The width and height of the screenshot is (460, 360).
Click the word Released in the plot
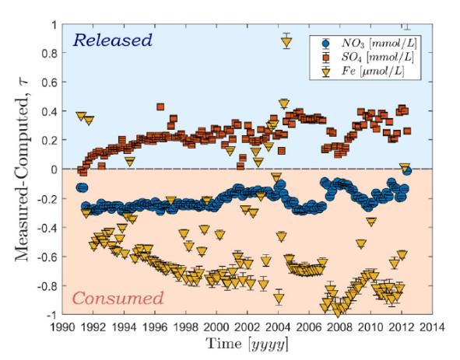point(112,40)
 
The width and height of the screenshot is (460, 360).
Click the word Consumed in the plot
point(118,298)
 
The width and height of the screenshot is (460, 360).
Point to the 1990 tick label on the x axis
point(64,327)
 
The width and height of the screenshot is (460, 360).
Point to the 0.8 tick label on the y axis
point(48,54)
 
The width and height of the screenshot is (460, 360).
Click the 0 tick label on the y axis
point(52,170)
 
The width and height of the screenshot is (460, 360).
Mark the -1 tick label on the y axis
point(48,315)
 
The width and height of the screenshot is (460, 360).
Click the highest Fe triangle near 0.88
point(286,41)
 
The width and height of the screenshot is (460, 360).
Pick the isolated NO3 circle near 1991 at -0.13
point(82,187)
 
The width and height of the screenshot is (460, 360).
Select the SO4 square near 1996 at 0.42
point(160,107)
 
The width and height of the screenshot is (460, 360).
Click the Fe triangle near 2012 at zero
point(404,167)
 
